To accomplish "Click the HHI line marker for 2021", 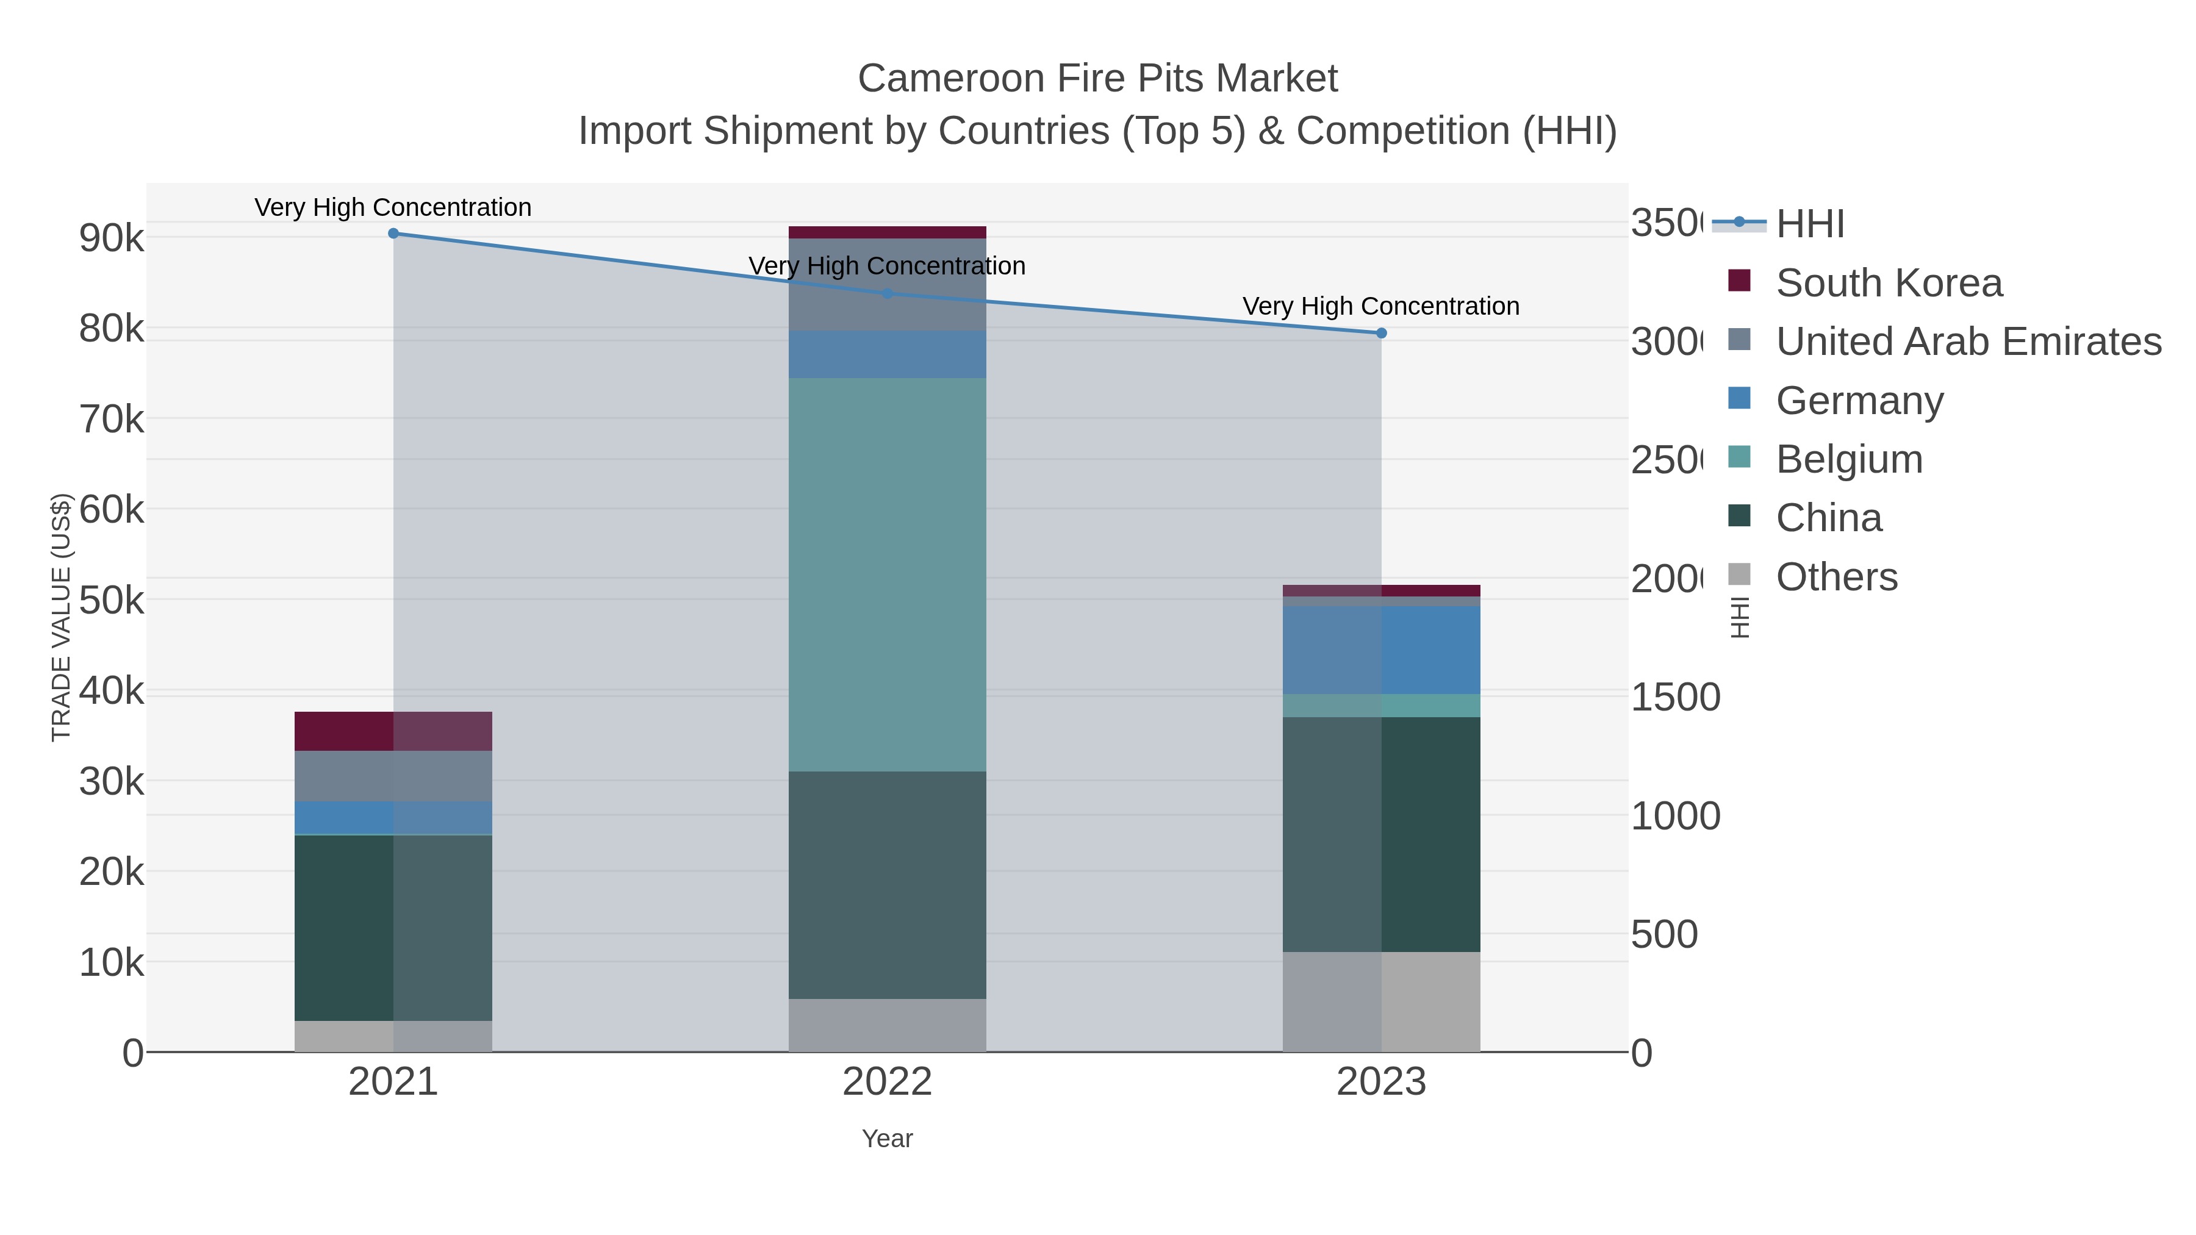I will (x=393, y=234).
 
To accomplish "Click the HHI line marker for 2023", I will (x=1381, y=333).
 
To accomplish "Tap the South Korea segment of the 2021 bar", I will (x=393, y=731).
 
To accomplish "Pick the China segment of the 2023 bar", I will (x=1381, y=834).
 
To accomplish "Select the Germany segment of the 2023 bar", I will (x=1381, y=650).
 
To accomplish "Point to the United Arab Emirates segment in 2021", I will (x=393, y=776).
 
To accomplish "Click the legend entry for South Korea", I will (x=1888, y=283).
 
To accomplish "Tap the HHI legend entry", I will (x=1809, y=224).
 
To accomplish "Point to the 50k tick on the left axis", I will (x=112, y=601).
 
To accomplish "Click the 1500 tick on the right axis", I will (x=1674, y=697).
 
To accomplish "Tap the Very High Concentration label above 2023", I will (x=1380, y=306).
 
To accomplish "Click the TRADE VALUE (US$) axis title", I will (x=60, y=617).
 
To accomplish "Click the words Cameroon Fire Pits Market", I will (x=1097, y=79).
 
